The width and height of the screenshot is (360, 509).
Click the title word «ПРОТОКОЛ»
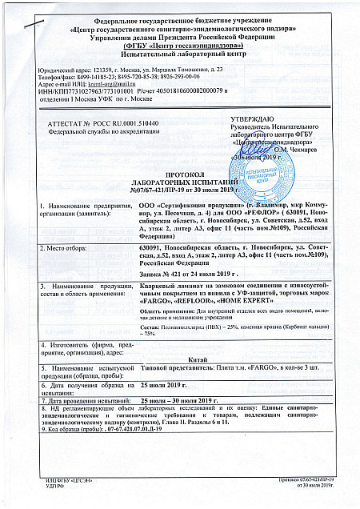180,173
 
